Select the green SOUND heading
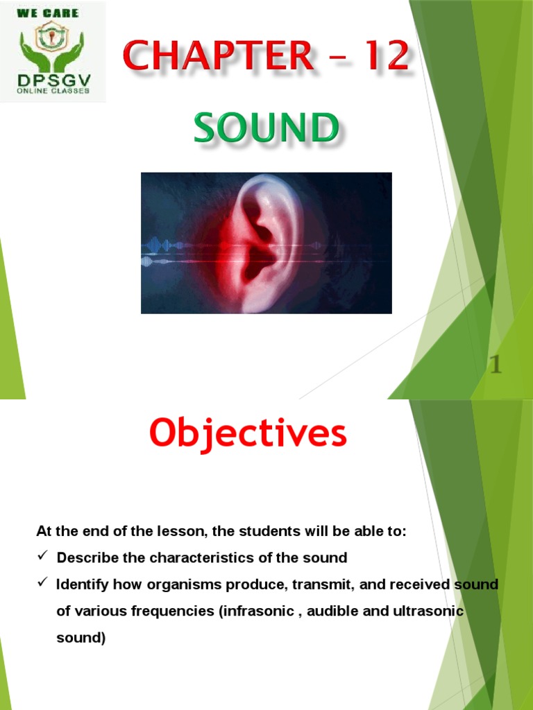pos(266,130)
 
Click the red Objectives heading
pos(248,435)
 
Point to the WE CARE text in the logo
pos(53,13)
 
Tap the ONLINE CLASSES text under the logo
pos(53,91)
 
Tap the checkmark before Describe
pos(42,557)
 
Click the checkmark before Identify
pos(42,584)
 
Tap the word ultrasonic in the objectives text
pos(428,612)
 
